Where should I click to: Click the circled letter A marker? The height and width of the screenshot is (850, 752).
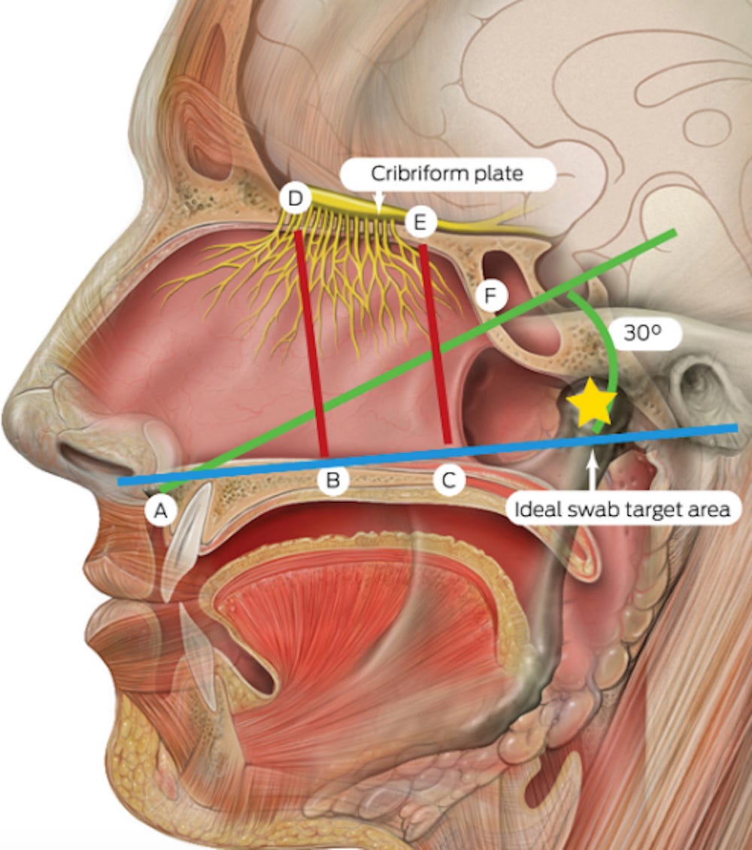pos(159,512)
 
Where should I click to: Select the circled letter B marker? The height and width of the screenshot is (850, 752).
pos(332,481)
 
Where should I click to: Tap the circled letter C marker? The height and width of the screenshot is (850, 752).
pos(449,481)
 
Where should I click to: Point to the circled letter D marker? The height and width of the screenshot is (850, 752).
pos(294,199)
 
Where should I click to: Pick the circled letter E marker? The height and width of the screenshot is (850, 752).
pos(419,222)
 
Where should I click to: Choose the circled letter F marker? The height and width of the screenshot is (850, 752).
pos(490,297)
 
